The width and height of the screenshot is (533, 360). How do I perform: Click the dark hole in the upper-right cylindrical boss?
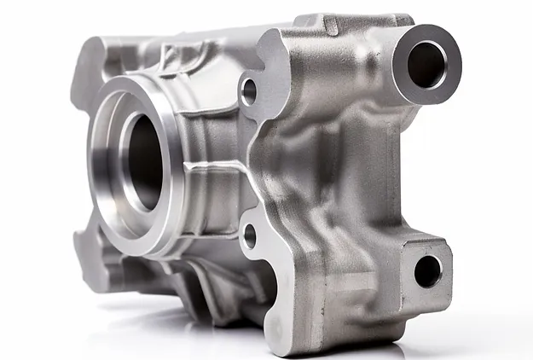pyautogui.click(x=426, y=64)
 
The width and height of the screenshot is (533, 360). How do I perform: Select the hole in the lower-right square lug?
pyautogui.click(x=427, y=270)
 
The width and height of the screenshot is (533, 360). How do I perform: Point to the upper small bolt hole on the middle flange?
pyautogui.click(x=248, y=90)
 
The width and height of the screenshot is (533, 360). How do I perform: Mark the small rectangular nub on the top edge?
pyautogui.click(x=328, y=25)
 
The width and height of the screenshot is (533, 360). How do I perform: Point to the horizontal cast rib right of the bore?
pyautogui.click(x=217, y=167)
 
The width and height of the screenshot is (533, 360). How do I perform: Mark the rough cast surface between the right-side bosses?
pyautogui.click(x=358, y=171)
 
